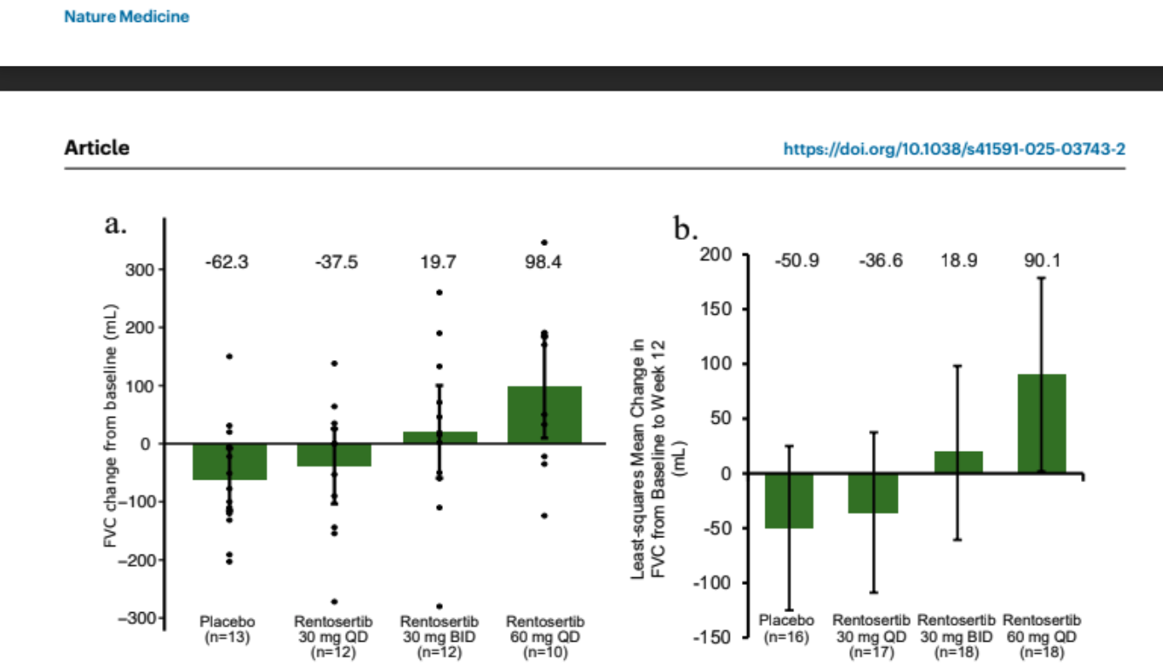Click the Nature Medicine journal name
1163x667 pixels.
coord(126,17)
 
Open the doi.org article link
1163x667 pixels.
coord(955,149)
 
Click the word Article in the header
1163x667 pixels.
coord(97,147)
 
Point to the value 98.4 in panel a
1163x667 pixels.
coord(544,262)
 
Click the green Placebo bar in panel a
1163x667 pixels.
coord(230,462)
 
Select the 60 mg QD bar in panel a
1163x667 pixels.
coord(545,415)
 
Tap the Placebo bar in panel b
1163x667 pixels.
coord(789,500)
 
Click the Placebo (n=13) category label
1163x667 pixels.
coord(228,630)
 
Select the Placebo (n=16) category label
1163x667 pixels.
coord(788,628)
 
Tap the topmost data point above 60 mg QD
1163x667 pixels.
coord(544,242)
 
